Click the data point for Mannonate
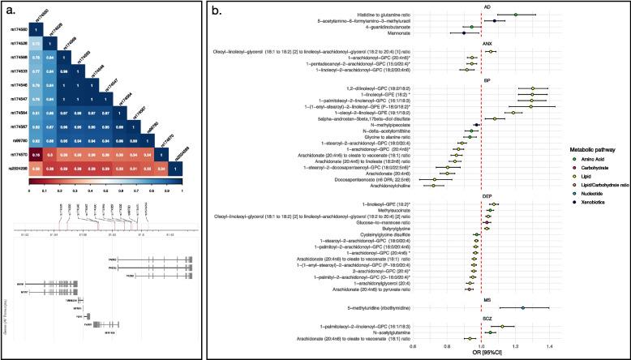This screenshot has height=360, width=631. click(x=463, y=33)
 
